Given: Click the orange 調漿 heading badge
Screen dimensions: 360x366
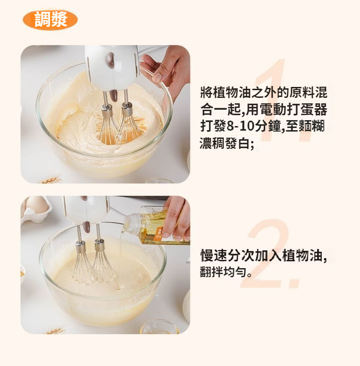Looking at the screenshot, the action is pos(50,20).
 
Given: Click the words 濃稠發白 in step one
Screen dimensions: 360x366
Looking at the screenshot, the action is pos(225,143).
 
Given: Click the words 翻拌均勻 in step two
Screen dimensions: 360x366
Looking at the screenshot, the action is pos(223,272).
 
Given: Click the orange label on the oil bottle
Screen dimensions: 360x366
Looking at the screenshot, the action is pos(159,234).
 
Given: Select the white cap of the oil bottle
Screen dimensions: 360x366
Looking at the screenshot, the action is pos(131,223).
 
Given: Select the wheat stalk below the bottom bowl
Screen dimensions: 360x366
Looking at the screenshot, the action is pos(55,331).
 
